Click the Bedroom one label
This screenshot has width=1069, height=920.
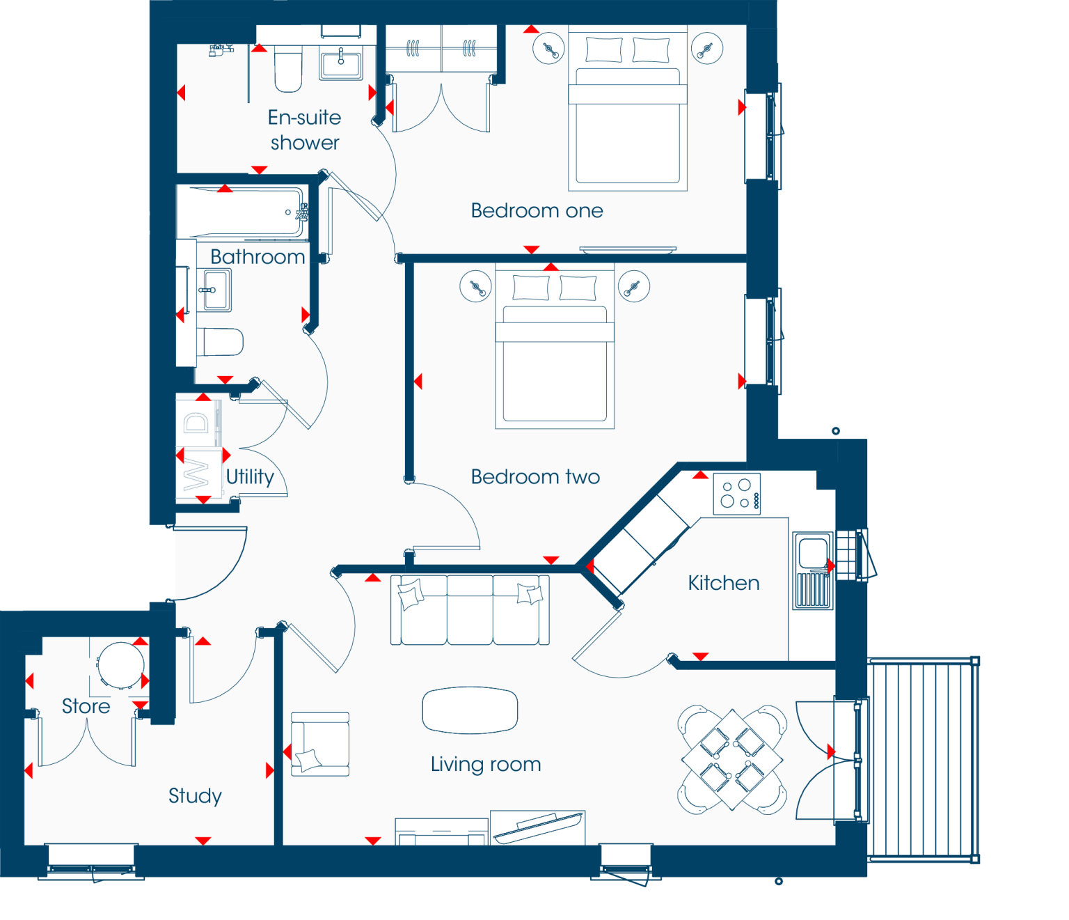[x=537, y=210]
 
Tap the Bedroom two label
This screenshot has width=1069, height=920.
[x=535, y=476]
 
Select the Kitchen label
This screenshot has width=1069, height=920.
[x=724, y=583]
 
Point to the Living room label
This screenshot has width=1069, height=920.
[x=486, y=764]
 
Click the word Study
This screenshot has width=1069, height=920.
[x=195, y=796]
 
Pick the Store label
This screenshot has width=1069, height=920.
[x=86, y=706]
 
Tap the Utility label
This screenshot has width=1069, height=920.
[x=251, y=477]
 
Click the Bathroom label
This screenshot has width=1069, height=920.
[x=258, y=257]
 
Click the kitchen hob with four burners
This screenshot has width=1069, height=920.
[x=737, y=494]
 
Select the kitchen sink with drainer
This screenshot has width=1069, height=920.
[x=813, y=570]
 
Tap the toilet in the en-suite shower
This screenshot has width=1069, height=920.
[x=288, y=68]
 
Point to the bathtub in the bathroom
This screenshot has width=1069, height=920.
[x=241, y=212]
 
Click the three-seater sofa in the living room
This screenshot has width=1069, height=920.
[x=470, y=610]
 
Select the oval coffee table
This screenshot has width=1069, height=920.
[x=470, y=710]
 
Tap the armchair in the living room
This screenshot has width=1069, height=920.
[x=320, y=744]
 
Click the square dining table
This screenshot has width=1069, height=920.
[x=732, y=760]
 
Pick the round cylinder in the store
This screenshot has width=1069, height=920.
[x=121, y=665]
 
